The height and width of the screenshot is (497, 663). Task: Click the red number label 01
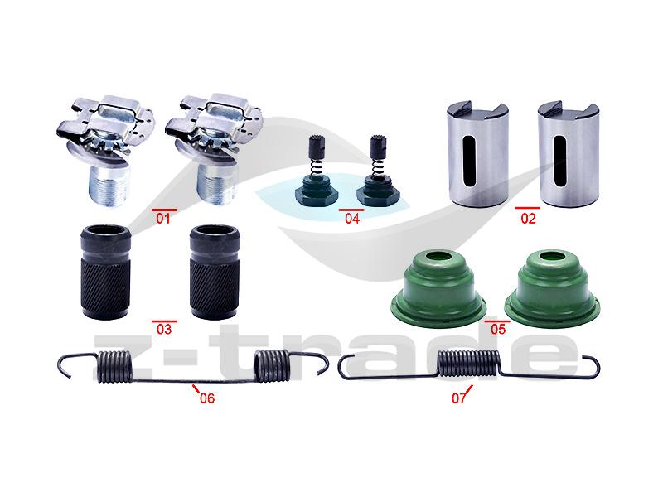pos(163,219)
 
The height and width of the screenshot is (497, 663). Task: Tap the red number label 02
pos(528,219)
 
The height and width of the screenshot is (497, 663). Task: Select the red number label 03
pos(164,329)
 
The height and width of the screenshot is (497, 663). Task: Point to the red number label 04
pos(352,219)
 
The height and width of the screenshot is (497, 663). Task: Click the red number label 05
pos(498,329)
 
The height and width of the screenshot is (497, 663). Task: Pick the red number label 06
pos(207,398)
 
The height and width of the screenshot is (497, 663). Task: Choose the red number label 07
pos(459,398)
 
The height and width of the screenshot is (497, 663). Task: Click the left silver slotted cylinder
pos(478,154)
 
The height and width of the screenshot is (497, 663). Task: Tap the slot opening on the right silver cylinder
pos(559,162)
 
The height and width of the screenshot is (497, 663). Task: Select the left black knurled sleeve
pos(105,273)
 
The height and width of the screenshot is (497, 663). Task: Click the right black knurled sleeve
pos(215,273)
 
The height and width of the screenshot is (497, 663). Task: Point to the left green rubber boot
pos(438,288)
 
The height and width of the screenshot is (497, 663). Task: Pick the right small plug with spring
pos(378,171)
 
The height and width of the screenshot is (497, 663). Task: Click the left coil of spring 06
pos(114,367)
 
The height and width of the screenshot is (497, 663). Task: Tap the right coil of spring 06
pos(272,366)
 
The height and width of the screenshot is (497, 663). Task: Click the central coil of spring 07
pos(468,364)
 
